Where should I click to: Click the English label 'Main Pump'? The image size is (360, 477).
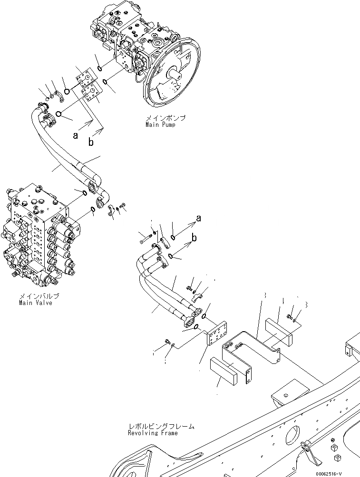161,125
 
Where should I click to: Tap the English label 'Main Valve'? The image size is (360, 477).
35,303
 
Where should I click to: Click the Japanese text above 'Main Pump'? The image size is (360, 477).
165,118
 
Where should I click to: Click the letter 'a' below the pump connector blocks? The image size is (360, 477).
75,136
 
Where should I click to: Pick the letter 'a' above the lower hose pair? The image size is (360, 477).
198,219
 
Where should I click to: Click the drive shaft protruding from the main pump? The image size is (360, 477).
177,75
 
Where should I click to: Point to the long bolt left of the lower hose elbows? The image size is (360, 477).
146,233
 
